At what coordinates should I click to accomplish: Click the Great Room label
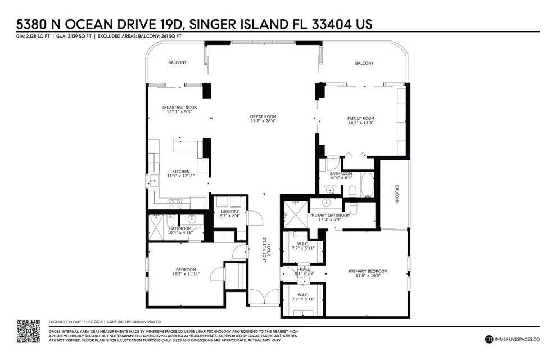263,117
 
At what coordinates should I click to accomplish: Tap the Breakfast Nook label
179,107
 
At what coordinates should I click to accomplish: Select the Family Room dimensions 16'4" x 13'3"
360,123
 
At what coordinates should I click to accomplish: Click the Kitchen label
180,171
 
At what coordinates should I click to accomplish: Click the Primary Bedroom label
368,271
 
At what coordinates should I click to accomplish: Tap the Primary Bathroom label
329,215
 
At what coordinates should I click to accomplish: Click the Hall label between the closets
304,269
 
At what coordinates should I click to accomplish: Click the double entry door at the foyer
263,298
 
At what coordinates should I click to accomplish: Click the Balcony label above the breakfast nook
177,62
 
